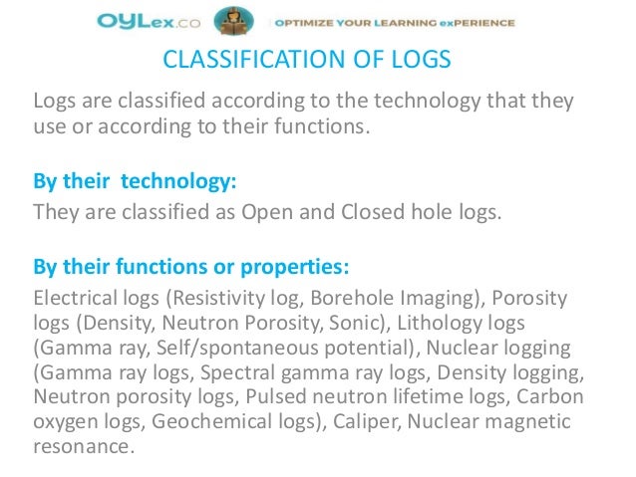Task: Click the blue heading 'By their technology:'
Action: point(135,184)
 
